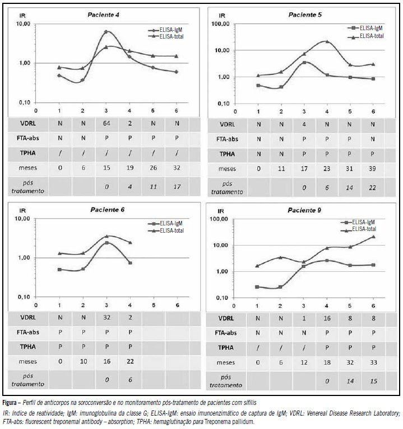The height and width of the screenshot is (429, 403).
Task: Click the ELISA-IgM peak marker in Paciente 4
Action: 106,32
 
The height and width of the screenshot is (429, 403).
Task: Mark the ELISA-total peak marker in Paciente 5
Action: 327,41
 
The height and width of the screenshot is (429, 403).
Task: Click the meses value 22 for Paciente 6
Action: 129,361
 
